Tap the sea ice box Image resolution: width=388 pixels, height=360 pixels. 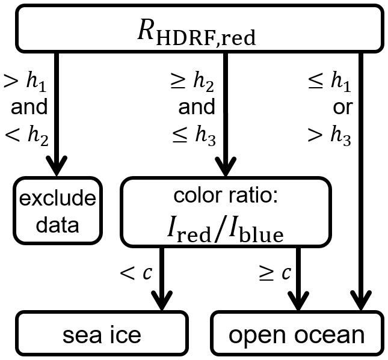[x=102, y=334]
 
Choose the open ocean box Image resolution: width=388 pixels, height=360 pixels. [x=296, y=334]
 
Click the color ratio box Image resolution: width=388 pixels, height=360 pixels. [x=226, y=212]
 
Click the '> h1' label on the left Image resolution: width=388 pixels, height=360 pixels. [x=26, y=82]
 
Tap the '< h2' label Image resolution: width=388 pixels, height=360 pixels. [x=26, y=135]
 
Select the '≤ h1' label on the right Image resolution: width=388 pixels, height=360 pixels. [x=330, y=82]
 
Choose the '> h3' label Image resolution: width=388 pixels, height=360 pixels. [x=330, y=135]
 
